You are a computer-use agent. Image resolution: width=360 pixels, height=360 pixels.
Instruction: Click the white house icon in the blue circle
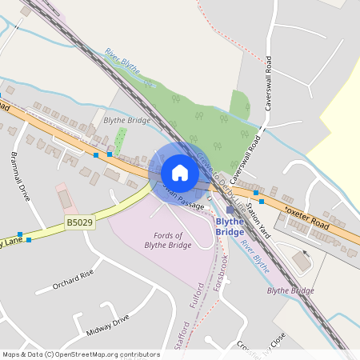180,172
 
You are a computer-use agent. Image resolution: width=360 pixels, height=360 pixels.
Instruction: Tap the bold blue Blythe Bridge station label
230,226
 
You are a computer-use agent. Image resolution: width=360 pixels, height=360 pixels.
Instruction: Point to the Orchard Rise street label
73,283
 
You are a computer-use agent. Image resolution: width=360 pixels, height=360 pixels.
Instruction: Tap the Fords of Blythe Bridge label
167,240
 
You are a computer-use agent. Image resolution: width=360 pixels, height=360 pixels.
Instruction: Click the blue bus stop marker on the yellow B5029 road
29,239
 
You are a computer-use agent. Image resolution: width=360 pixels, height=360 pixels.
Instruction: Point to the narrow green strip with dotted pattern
120,141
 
